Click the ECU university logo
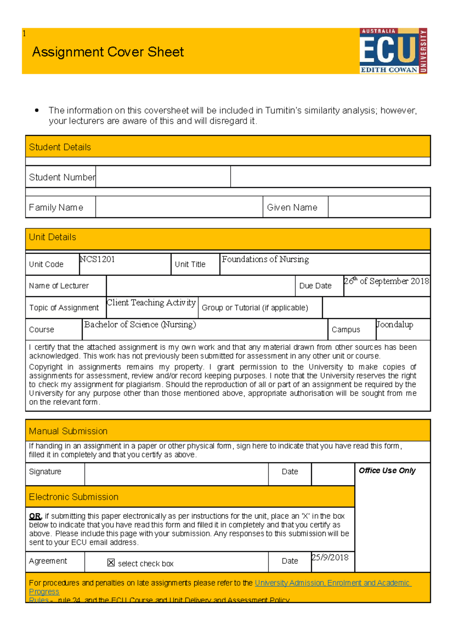pos(393,51)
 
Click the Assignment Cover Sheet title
pos(108,52)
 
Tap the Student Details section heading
pos(60,147)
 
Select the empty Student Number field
pos(163,177)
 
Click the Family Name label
pos(56,207)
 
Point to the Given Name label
pos(292,207)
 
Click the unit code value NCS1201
pos(97,259)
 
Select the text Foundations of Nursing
pos(265,259)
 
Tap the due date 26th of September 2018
pos(386,281)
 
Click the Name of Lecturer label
pos(59,286)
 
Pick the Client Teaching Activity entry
pos(151,303)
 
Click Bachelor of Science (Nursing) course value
pos(140,325)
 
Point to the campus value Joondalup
pos(394,325)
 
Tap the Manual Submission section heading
pos(68,431)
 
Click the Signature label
pos(45,471)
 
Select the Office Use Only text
pos(387,471)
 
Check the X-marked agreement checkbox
pos(111,563)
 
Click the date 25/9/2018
pos(330,557)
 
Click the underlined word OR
pos(35,516)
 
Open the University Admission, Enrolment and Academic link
pos(333,583)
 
